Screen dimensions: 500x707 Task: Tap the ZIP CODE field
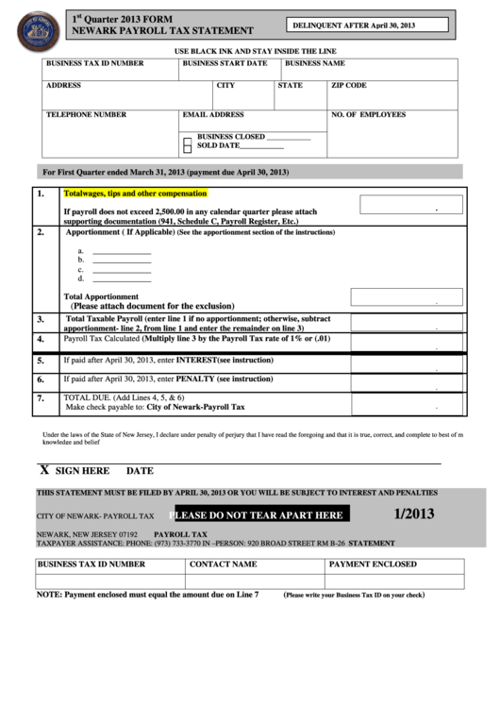point(392,93)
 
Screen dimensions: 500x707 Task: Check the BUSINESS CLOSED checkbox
point(187,138)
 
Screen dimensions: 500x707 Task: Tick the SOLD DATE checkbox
point(187,147)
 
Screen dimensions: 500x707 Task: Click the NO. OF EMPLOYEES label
point(368,114)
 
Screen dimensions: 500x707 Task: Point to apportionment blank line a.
point(121,252)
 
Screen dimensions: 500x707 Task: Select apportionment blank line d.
point(121,280)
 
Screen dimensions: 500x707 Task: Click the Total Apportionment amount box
point(407,297)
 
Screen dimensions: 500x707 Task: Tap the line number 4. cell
point(41,338)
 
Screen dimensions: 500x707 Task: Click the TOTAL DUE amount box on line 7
point(407,402)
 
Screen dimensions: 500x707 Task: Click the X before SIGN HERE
point(43,470)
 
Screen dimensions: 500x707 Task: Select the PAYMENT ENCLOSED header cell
point(373,564)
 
